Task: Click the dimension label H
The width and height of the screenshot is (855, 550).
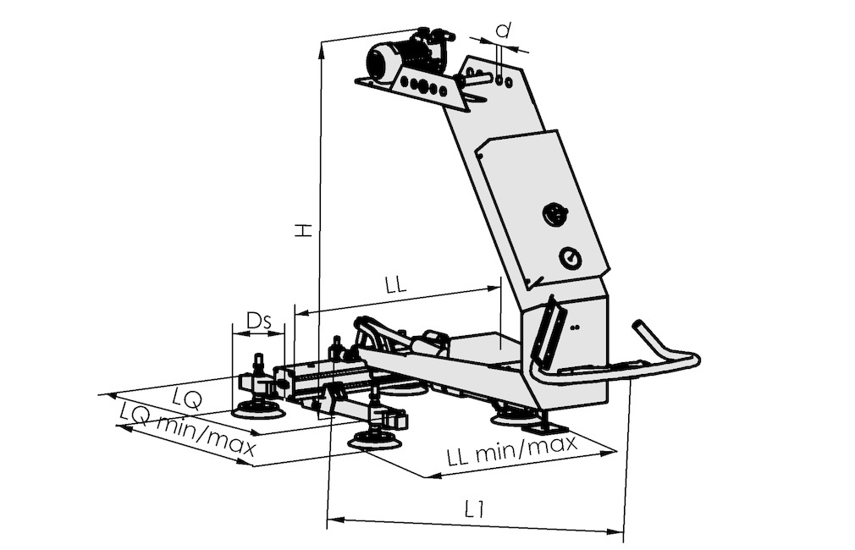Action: [x=303, y=229]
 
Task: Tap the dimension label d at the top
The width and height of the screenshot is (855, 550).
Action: [x=505, y=30]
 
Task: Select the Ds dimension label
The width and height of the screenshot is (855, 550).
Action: [x=258, y=321]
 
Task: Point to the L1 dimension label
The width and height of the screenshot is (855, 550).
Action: [x=475, y=509]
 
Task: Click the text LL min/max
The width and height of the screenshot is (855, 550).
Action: [x=511, y=449]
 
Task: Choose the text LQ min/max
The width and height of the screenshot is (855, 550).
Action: [x=187, y=429]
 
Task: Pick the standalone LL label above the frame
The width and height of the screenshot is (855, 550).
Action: [x=396, y=286]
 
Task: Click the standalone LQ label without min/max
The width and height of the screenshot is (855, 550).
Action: [x=187, y=400]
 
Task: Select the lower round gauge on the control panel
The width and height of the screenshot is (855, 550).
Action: [x=570, y=258]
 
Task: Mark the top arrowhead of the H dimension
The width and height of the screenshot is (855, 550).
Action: [x=323, y=50]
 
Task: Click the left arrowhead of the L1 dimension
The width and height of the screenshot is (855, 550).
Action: [x=334, y=519]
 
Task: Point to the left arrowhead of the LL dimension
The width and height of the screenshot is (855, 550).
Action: [x=302, y=313]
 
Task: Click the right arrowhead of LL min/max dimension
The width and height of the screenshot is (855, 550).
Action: [x=609, y=453]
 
